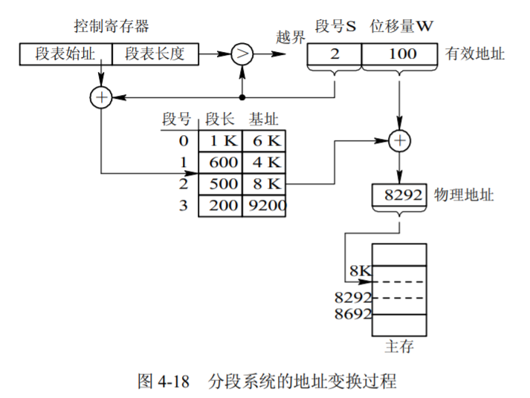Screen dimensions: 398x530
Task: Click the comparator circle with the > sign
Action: (x=242, y=53)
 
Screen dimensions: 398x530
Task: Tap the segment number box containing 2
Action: (x=335, y=54)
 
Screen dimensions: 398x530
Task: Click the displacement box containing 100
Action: (x=401, y=54)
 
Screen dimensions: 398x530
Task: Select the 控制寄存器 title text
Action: (x=112, y=27)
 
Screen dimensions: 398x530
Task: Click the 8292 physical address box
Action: (x=401, y=195)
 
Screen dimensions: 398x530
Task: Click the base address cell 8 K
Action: (x=263, y=183)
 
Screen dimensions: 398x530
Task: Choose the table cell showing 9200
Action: (x=264, y=204)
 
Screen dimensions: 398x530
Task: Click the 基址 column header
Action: (x=264, y=119)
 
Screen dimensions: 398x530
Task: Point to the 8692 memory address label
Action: (x=352, y=314)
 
